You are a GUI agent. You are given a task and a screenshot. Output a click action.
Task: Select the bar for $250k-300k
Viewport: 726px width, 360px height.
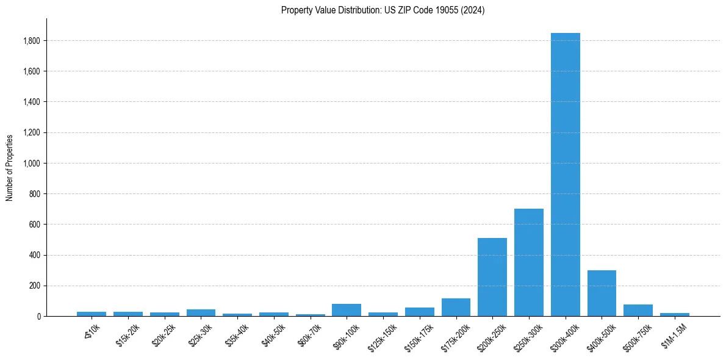point(528,262)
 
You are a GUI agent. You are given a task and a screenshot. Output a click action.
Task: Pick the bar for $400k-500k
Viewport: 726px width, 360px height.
point(602,293)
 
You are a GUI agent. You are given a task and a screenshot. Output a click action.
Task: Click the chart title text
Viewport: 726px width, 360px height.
point(383,10)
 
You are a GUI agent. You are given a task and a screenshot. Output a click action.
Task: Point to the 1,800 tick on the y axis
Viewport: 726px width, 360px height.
point(32,41)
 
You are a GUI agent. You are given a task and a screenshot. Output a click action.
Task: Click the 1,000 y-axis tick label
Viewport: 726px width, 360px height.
point(32,164)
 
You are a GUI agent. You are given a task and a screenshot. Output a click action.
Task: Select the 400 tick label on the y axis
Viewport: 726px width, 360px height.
point(35,255)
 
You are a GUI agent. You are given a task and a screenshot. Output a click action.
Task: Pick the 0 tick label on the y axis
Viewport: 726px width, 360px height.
point(38,317)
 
